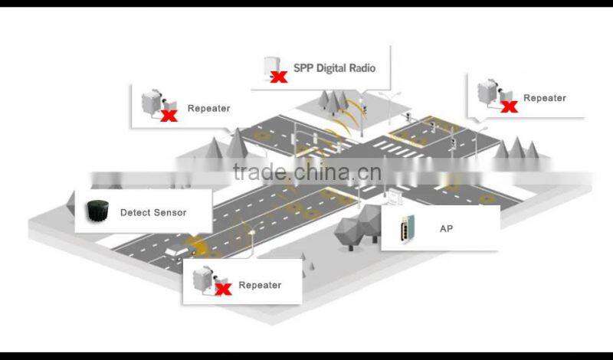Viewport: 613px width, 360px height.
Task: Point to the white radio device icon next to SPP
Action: [x=270, y=64]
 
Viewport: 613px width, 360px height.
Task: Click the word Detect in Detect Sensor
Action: [x=135, y=212]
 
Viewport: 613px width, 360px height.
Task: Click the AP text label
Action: [x=446, y=228]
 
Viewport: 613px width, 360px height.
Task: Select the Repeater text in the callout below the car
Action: [x=260, y=285]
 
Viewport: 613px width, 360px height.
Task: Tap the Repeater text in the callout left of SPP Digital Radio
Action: [x=208, y=108]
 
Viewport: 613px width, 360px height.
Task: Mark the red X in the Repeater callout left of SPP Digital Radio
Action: [x=169, y=115]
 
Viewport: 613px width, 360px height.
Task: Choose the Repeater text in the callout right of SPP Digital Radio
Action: [x=545, y=98]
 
